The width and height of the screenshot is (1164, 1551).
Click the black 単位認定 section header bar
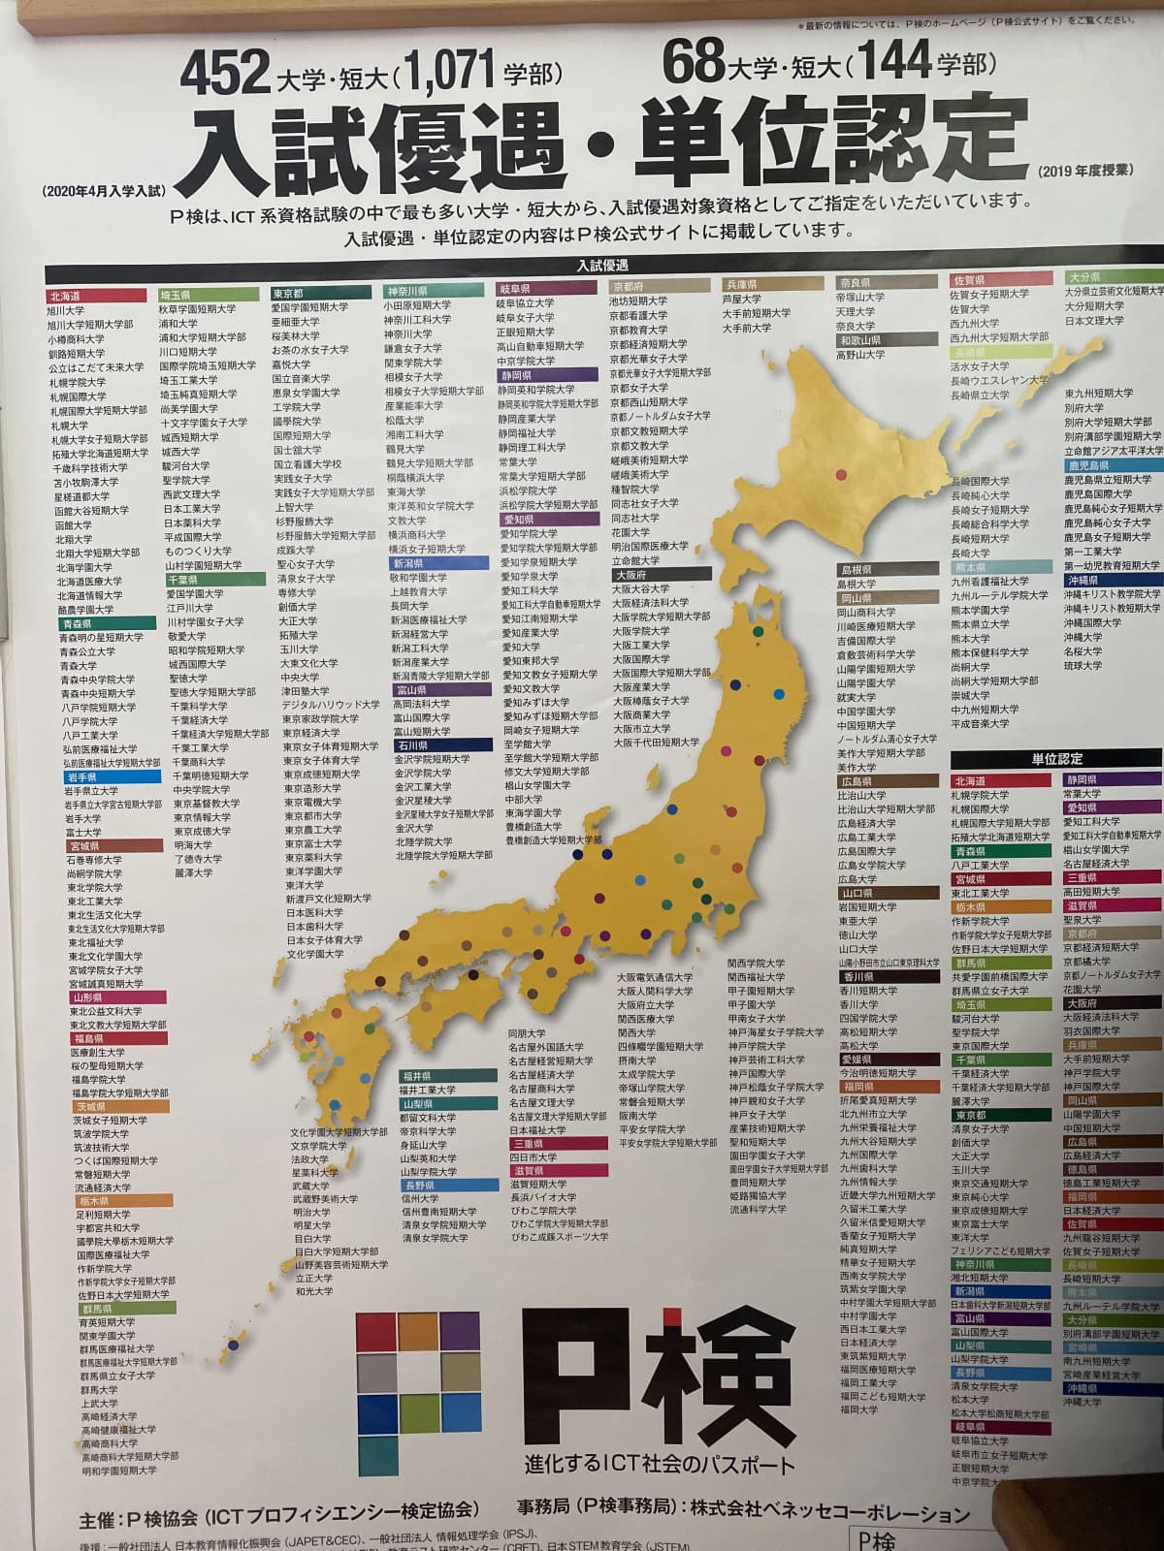click(x=1055, y=758)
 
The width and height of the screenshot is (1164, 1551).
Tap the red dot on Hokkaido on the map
click(x=840, y=475)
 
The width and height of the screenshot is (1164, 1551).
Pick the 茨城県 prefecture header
click(x=92, y=1107)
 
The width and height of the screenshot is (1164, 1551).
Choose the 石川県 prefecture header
click(x=411, y=745)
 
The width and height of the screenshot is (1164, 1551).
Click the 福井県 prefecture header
click(x=417, y=1076)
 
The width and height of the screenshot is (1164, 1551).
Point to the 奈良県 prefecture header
click(x=855, y=283)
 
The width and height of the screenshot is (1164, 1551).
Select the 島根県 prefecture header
click(x=857, y=570)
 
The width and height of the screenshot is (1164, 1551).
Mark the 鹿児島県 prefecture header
click(x=1084, y=465)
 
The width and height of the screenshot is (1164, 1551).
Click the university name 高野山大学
click(x=860, y=356)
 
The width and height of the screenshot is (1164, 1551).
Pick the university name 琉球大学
click(x=1083, y=666)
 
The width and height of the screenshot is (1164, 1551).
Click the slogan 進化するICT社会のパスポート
click(x=660, y=1465)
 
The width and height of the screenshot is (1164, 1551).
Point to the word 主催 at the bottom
click(x=99, y=1511)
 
